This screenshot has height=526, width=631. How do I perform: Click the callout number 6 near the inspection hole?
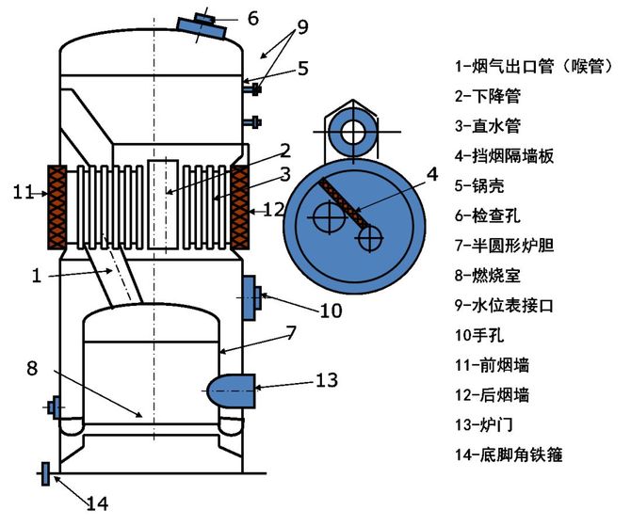pyautogui.click(x=252, y=18)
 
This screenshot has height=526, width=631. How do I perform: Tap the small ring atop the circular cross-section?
pyautogui.click(x=353, y=131)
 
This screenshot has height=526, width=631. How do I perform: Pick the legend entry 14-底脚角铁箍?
pyautogui.click(x=509, y=454)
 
